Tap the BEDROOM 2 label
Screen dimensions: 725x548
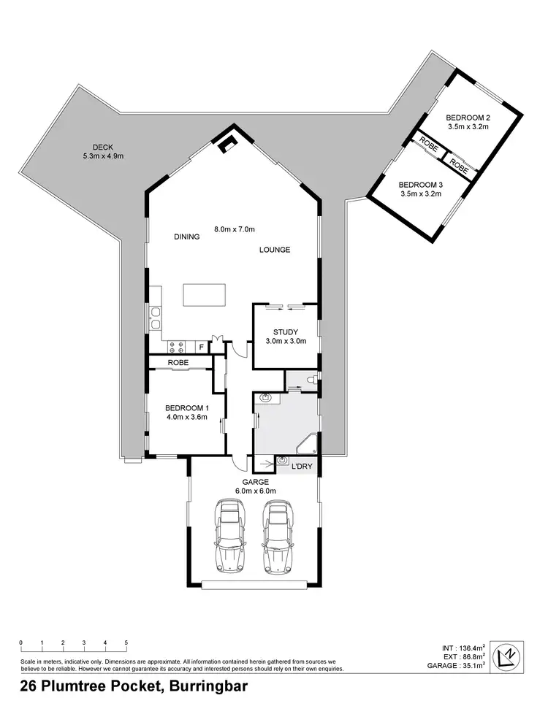click(468, 117)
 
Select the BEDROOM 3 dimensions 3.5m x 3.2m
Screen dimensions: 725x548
click(422, 194)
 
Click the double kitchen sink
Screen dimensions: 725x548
click(156, 320)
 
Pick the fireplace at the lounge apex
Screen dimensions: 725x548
click(229, 143)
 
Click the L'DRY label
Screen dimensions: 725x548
click(302, 466)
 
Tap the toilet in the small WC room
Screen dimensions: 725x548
click(311, 379)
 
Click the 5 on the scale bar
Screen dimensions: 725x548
click(126, 642)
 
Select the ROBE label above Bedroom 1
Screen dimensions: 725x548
click(178, 362)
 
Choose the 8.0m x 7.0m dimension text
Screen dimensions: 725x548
click(234, 229)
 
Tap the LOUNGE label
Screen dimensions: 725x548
click(275, 250)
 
